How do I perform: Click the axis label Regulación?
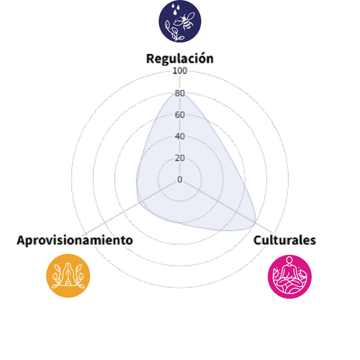180,58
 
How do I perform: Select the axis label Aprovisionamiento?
75,240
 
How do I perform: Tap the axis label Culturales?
284,240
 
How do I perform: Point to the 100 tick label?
180,71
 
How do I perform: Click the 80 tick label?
180,93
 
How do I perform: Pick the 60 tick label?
180,114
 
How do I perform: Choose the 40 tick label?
180,136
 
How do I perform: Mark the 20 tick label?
180,158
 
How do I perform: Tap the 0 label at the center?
180,179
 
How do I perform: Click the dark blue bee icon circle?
180,21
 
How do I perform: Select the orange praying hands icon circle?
68,276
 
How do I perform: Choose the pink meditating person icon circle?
289,276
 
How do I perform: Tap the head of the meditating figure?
289,261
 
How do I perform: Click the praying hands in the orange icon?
68,274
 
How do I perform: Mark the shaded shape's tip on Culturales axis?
255,222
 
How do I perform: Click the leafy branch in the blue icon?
174,31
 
